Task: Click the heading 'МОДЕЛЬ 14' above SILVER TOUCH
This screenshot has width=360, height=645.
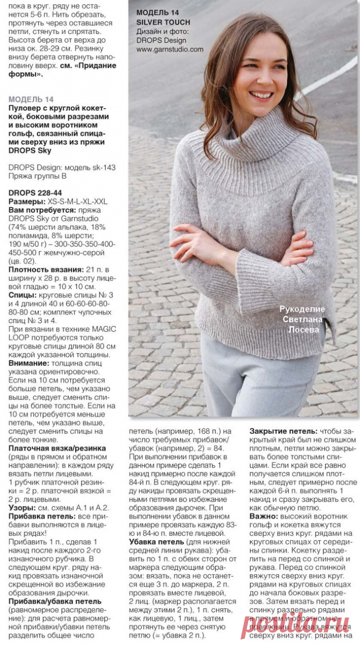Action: click(157, 12)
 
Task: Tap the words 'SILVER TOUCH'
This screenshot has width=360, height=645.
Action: click(163, 22)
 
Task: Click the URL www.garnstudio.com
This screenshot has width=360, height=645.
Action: click(170, 49)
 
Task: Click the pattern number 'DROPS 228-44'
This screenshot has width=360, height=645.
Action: click(34, 193)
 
